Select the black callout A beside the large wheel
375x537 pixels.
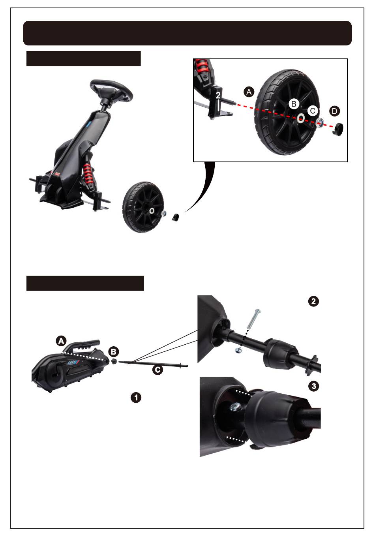(x=249, y=92)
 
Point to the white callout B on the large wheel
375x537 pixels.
(x=294, y=104)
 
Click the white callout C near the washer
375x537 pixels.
(x=313, y=111)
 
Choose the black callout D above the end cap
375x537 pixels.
(x=334, y=111)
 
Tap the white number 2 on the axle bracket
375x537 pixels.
(x=218, y=96)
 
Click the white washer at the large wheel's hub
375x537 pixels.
(x=301, y=118)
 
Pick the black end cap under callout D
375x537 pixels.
(x=338, y=128)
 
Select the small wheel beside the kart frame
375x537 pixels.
(x=143, y=207)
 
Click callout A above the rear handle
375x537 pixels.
(x=61, y=341)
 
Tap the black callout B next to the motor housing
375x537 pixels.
(x=113, y=352)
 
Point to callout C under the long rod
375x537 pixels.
(x=157, y=370)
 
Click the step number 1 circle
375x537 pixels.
(x=136, y=398)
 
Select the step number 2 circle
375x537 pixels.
(x=313, y=301)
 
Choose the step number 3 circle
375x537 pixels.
(x=314, y=386)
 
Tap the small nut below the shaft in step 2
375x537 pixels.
(x=238, y=350)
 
